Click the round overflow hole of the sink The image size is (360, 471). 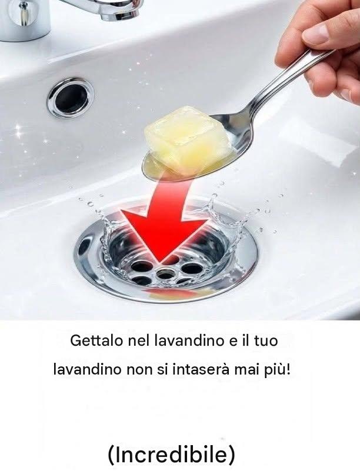[x=71, y=98]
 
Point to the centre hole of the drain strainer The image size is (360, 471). [x=165, y=273]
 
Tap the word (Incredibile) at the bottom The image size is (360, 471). [x=171, y=455]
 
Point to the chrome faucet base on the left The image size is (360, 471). [x=25, y=19]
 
